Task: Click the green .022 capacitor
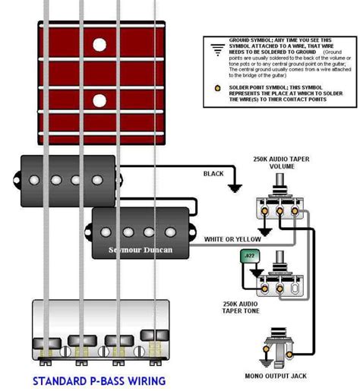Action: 251,257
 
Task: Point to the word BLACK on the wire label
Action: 213,174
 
